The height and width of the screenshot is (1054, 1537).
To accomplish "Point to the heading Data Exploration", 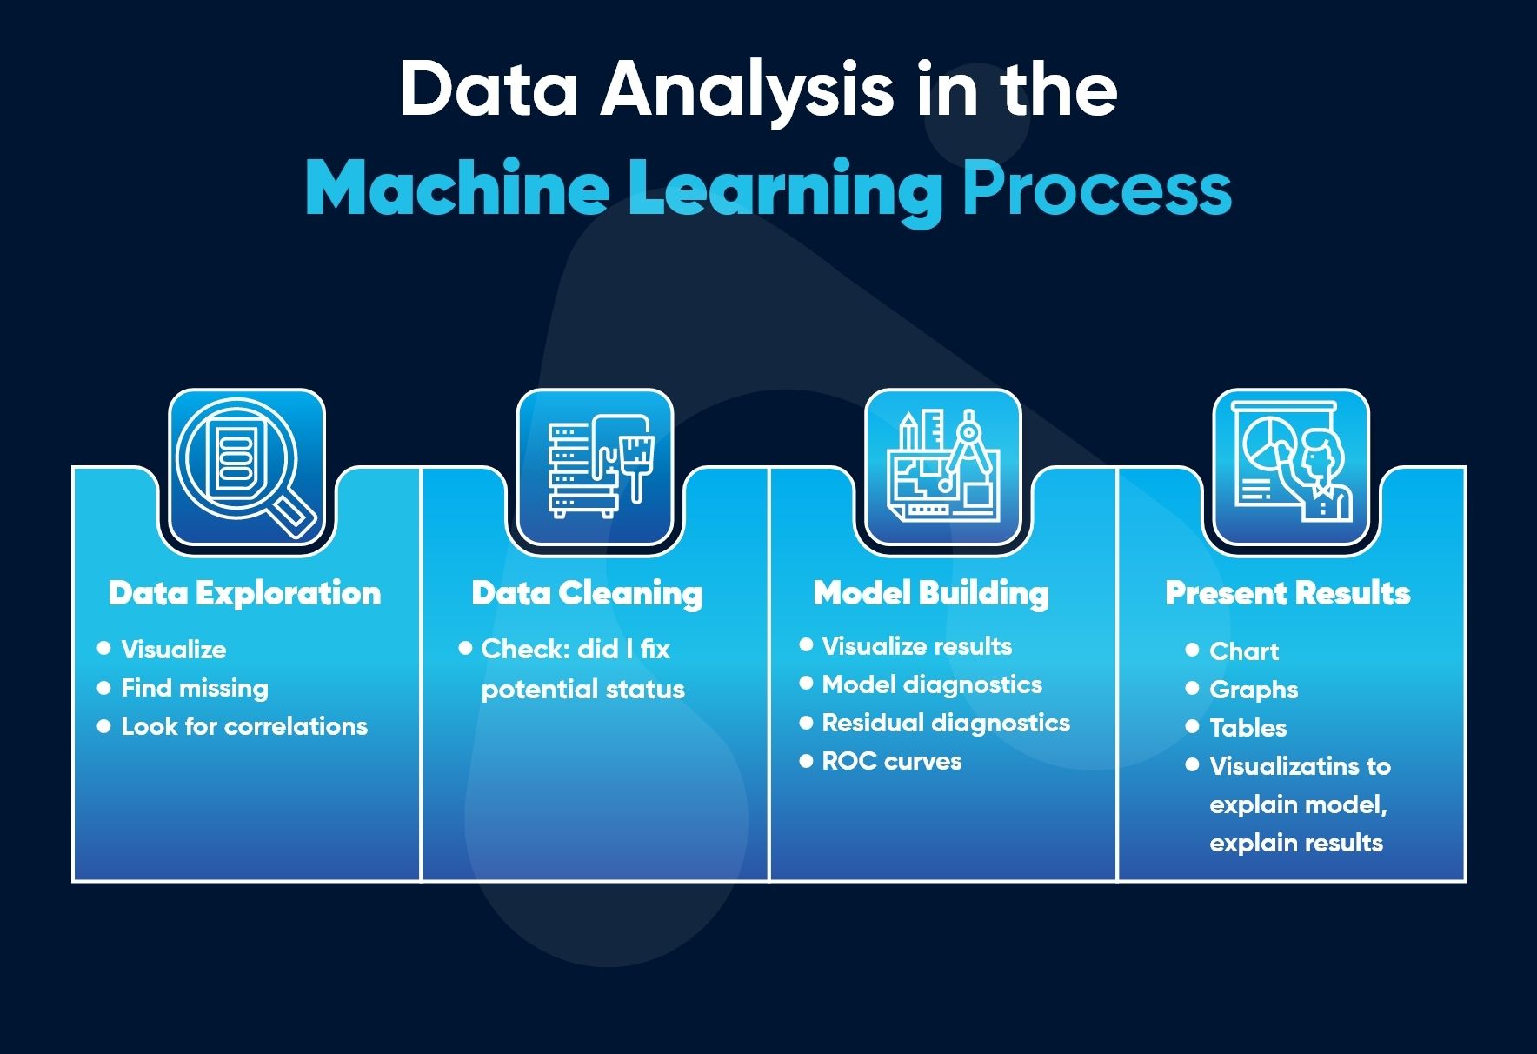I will (244, 593).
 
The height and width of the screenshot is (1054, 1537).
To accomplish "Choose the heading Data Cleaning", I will (587, 593).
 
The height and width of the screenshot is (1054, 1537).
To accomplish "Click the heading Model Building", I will (931, 593).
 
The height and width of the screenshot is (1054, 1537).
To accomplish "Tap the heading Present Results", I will (1287, 593).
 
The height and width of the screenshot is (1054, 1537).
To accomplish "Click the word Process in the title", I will (1097, 189).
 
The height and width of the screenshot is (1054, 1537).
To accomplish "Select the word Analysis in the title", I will (747, 90).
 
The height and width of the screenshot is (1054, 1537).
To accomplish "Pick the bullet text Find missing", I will (195, 688).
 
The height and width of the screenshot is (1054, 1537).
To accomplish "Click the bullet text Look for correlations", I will (244, 726).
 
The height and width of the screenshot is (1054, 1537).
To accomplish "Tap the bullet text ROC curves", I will (892, 761).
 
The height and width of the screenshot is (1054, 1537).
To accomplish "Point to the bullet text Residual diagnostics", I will (946, 723).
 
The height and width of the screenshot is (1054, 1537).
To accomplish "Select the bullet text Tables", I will (1248, 728).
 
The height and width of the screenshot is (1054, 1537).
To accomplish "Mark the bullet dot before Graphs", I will (1192, 689).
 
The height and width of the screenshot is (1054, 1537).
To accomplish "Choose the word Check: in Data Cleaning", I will (523, 649).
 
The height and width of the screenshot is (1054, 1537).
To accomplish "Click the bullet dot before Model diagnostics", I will (806, 684).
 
